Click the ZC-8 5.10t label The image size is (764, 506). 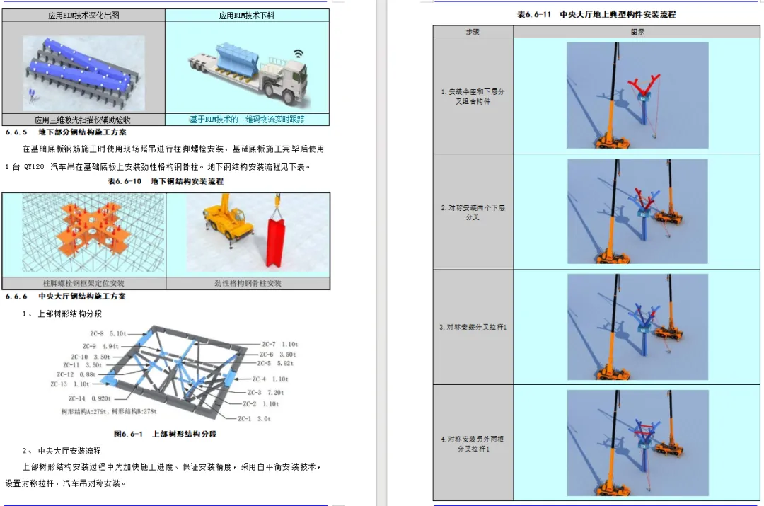(x=108, y=333)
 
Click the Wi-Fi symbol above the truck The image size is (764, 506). (x=299, y=53)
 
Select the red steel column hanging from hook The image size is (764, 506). (x=277, y=244)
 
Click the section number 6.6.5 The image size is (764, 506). (x=16, y=132)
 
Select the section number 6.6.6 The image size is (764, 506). (x=16, y=297)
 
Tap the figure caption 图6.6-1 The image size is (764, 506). (x=125, y=434)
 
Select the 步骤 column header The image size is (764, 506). (x=473, y=32)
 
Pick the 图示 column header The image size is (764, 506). (x=637, y=32)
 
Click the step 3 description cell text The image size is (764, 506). (x=473, y=327)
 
